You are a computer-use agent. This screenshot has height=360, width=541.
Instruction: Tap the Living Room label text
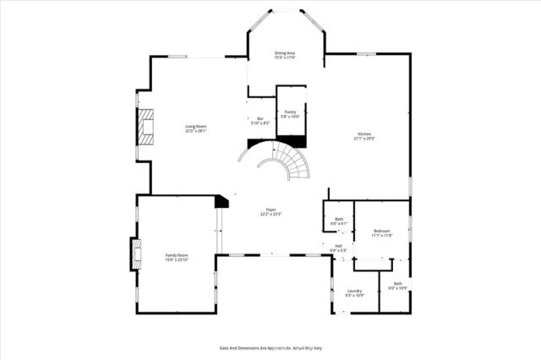point(196,127)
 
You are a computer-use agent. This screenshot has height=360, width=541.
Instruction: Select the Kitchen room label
point(363,134)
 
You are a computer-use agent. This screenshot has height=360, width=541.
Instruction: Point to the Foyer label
point(271,210)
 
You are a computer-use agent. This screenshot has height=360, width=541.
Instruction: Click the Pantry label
point(290,112)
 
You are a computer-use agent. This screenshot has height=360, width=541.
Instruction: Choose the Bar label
point(260,118)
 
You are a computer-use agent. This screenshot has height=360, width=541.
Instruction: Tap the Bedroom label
point(381,231)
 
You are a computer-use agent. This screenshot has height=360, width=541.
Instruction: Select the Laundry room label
point(354,290)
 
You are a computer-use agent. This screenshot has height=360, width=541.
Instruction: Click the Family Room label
point(177,254)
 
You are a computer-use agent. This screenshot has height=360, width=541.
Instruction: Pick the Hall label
point(338,246)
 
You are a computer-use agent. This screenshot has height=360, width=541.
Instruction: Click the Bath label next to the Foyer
point(339,220)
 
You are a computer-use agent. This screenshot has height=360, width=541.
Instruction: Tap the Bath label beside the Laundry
point(397,284)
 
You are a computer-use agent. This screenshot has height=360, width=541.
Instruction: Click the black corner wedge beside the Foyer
point(222,200)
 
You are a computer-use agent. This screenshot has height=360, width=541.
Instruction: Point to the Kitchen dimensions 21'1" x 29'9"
point(363,139)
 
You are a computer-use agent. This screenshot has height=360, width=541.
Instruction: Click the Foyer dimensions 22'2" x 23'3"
point(271,215)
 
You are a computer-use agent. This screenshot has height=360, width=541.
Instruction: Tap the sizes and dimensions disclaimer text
point(270,347)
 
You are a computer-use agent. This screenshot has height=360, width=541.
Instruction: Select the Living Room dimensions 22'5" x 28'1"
point(196,132)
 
